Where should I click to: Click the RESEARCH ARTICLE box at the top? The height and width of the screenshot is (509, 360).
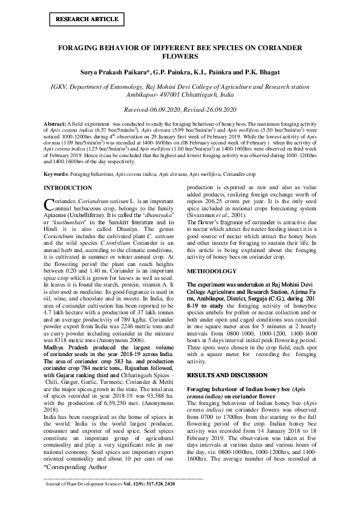(x=87, y=19)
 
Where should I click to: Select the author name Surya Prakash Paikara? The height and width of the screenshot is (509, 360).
(x=113, y=72)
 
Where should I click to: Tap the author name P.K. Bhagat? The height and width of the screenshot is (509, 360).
(x=262, y=72)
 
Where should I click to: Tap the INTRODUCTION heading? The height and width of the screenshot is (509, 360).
(x=68, y=189)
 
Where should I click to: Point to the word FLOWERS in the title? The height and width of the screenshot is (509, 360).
(x=180, y=56)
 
